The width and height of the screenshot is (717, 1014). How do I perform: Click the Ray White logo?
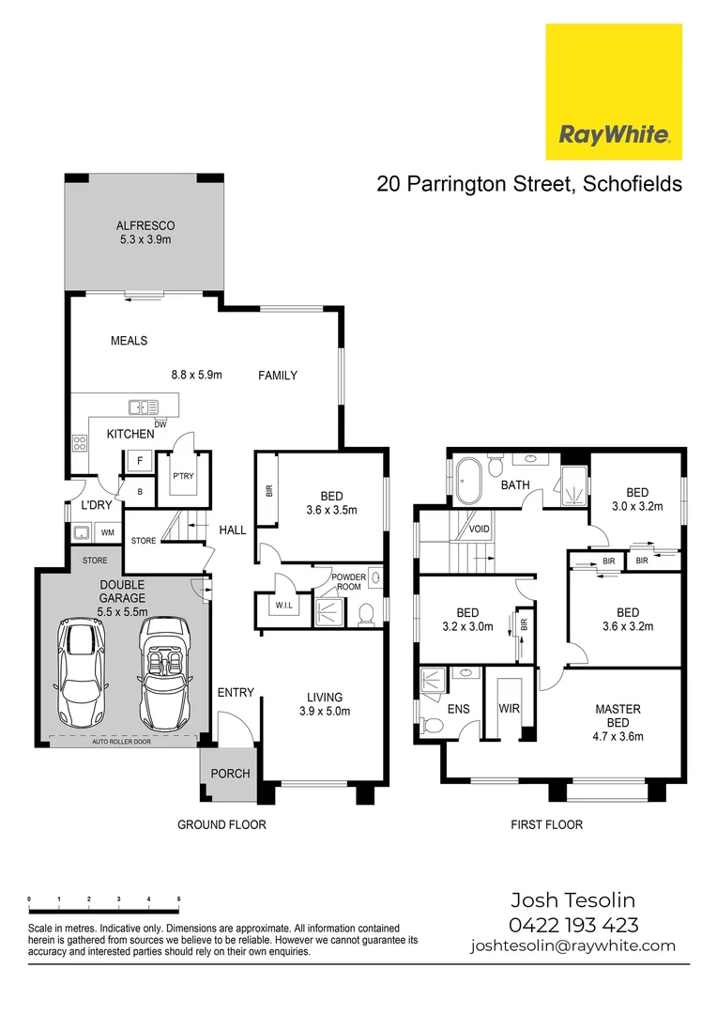(x=614, y=92)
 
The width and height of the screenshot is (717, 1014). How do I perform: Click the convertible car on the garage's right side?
(x=163, y=670)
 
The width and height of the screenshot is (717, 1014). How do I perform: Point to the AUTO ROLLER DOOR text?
(x=121, y=741)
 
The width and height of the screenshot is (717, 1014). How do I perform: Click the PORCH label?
(x=230, y=774)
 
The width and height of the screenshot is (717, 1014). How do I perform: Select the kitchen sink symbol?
(x=143, y=407)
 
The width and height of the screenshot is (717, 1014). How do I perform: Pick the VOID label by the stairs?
(x=479, y=529)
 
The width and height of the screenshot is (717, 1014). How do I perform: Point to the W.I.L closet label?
(x=284, y=606)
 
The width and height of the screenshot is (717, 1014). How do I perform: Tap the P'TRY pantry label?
(x=182, y=476)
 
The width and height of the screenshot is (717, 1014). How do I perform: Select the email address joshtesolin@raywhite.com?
(x=572, y=945)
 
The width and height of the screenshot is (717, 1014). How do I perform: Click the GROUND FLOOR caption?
(x=222, y=824)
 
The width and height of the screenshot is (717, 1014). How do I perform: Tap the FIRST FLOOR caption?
(x=546, y=824)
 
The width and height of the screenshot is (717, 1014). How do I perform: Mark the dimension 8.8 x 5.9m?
(x=195, y=375)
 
